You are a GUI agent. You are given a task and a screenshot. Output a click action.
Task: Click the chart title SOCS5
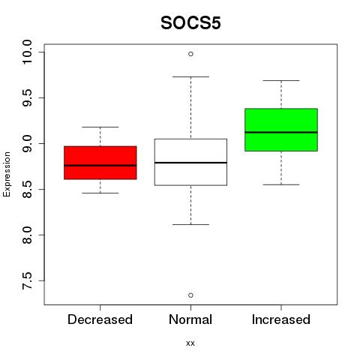[x=190, y=23]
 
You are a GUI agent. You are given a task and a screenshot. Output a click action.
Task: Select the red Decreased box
[x=100, y=163]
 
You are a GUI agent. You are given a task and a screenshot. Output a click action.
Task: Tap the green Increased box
[x=281, y=130]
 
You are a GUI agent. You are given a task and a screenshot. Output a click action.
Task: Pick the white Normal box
[x=190, y=162]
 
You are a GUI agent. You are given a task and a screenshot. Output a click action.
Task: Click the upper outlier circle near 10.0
[x=190, y=54]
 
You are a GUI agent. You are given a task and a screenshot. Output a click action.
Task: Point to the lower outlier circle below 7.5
[x=190, y=295]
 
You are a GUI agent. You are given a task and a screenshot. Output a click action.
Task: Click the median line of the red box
[x=100, y=166]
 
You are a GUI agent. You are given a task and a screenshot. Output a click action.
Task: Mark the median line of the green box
[x=281, y=132]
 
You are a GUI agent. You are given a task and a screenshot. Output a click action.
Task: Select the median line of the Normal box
[x=190, y=163]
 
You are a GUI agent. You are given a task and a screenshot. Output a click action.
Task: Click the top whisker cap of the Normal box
[x=190, y=76]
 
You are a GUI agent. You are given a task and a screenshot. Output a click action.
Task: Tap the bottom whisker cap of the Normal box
[x=190, y=224]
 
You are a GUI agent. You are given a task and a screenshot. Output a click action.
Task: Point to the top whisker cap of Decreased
[x=100, y=127]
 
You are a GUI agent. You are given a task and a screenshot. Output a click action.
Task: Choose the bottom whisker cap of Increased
[x=281, y=184]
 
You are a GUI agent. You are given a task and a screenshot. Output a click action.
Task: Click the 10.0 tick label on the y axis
[x=27, y=52]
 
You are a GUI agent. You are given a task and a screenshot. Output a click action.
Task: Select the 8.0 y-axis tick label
[x=27, y=235]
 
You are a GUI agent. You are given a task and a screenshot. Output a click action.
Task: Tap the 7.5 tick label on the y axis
[x=27, y=281]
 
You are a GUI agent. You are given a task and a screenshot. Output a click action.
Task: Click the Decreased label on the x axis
[x=100, y=319]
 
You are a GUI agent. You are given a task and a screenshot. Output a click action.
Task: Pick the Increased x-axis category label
[x=281, y=319]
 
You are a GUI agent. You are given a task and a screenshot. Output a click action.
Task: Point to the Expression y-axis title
[x=7, y=174]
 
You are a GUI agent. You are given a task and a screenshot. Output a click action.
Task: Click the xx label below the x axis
[x=190, y=343]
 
